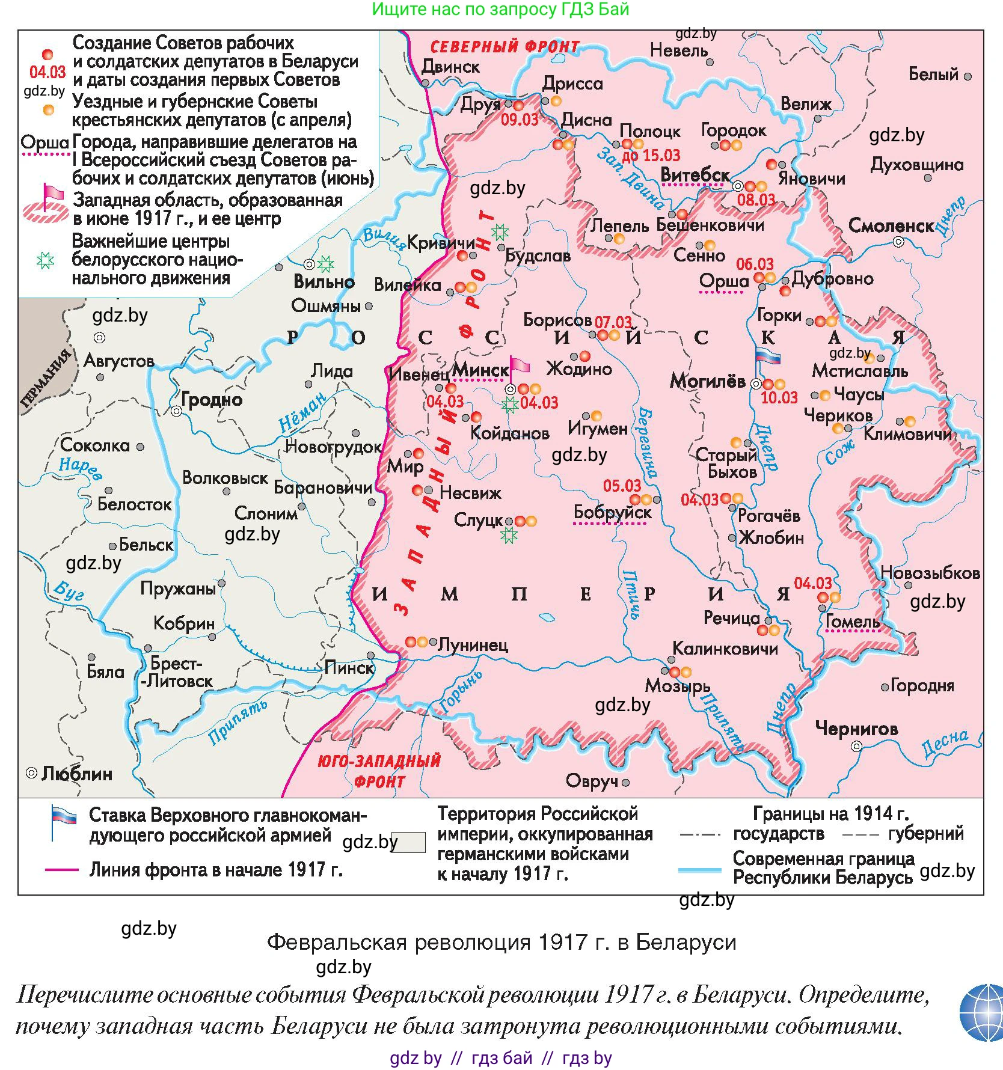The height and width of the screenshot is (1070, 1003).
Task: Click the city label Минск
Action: point(480,370)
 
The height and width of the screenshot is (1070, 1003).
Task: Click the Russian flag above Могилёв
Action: point(767,356)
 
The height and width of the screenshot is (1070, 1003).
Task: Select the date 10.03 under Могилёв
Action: point(779,397)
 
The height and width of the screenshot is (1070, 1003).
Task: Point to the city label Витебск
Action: point(695,175)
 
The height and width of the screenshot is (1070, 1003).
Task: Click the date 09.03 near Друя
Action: point(520,120)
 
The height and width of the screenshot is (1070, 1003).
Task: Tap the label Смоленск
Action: point(891,226)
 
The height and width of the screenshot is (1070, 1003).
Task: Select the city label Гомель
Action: point(852,622)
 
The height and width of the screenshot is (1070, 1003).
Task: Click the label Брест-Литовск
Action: point(176,672)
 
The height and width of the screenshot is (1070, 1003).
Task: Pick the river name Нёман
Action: point(302,412)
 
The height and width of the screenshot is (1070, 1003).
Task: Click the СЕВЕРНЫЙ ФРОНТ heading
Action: point(505,47)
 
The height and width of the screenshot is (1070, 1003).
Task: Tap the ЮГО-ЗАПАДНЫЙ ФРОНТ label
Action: point(379,771)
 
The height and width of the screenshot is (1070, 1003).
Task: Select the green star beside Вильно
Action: point(325,264)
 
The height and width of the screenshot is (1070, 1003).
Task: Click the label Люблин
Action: point(77,774)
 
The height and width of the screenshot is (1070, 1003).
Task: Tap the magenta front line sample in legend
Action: point(62,870)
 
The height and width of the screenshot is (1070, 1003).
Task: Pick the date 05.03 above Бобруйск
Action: point(622,486)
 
